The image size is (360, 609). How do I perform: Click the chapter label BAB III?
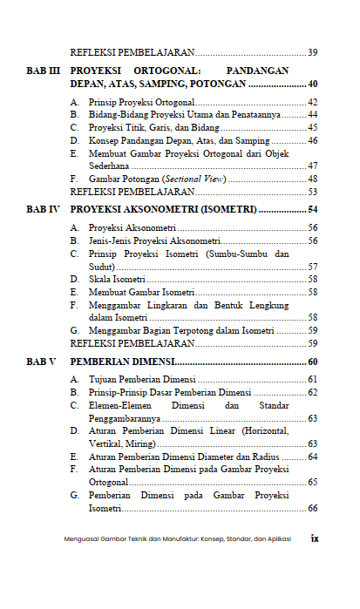click(43, 69)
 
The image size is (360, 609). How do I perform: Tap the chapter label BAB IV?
click(43, 210)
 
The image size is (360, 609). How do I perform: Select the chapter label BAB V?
click(42, 362)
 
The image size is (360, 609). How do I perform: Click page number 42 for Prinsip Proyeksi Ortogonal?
click(312, 103)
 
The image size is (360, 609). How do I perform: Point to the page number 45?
click(312, 127)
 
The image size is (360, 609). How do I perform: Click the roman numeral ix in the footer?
click(315, 538)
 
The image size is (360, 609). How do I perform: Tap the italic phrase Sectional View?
click(200, 179)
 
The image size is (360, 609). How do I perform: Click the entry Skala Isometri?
click(117, 279)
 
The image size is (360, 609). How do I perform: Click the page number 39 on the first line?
click(312, 52)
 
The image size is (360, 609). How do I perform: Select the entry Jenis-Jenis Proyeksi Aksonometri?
click(153, 240)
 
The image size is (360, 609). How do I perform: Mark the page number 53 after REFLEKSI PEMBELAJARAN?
click(312, 191)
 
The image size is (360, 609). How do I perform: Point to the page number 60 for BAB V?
click(312, 362)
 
